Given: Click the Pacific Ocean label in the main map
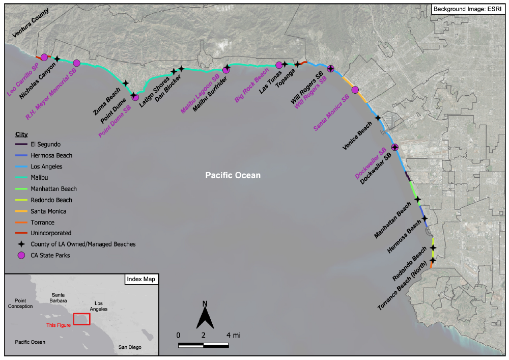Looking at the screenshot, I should tap(233, 175).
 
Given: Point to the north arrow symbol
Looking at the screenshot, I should tap(205, 315).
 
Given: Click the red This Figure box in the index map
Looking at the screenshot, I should tap(81, 319).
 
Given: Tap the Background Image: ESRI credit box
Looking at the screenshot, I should tap(467, 9).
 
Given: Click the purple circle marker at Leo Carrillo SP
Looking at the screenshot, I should tap(44, 57).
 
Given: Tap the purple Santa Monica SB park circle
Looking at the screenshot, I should tap(355, 90).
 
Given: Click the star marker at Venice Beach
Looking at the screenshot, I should tap(378, 118).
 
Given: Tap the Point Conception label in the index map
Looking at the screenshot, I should tap(20, 303).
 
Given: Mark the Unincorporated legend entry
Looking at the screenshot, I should tap(50, 233).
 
